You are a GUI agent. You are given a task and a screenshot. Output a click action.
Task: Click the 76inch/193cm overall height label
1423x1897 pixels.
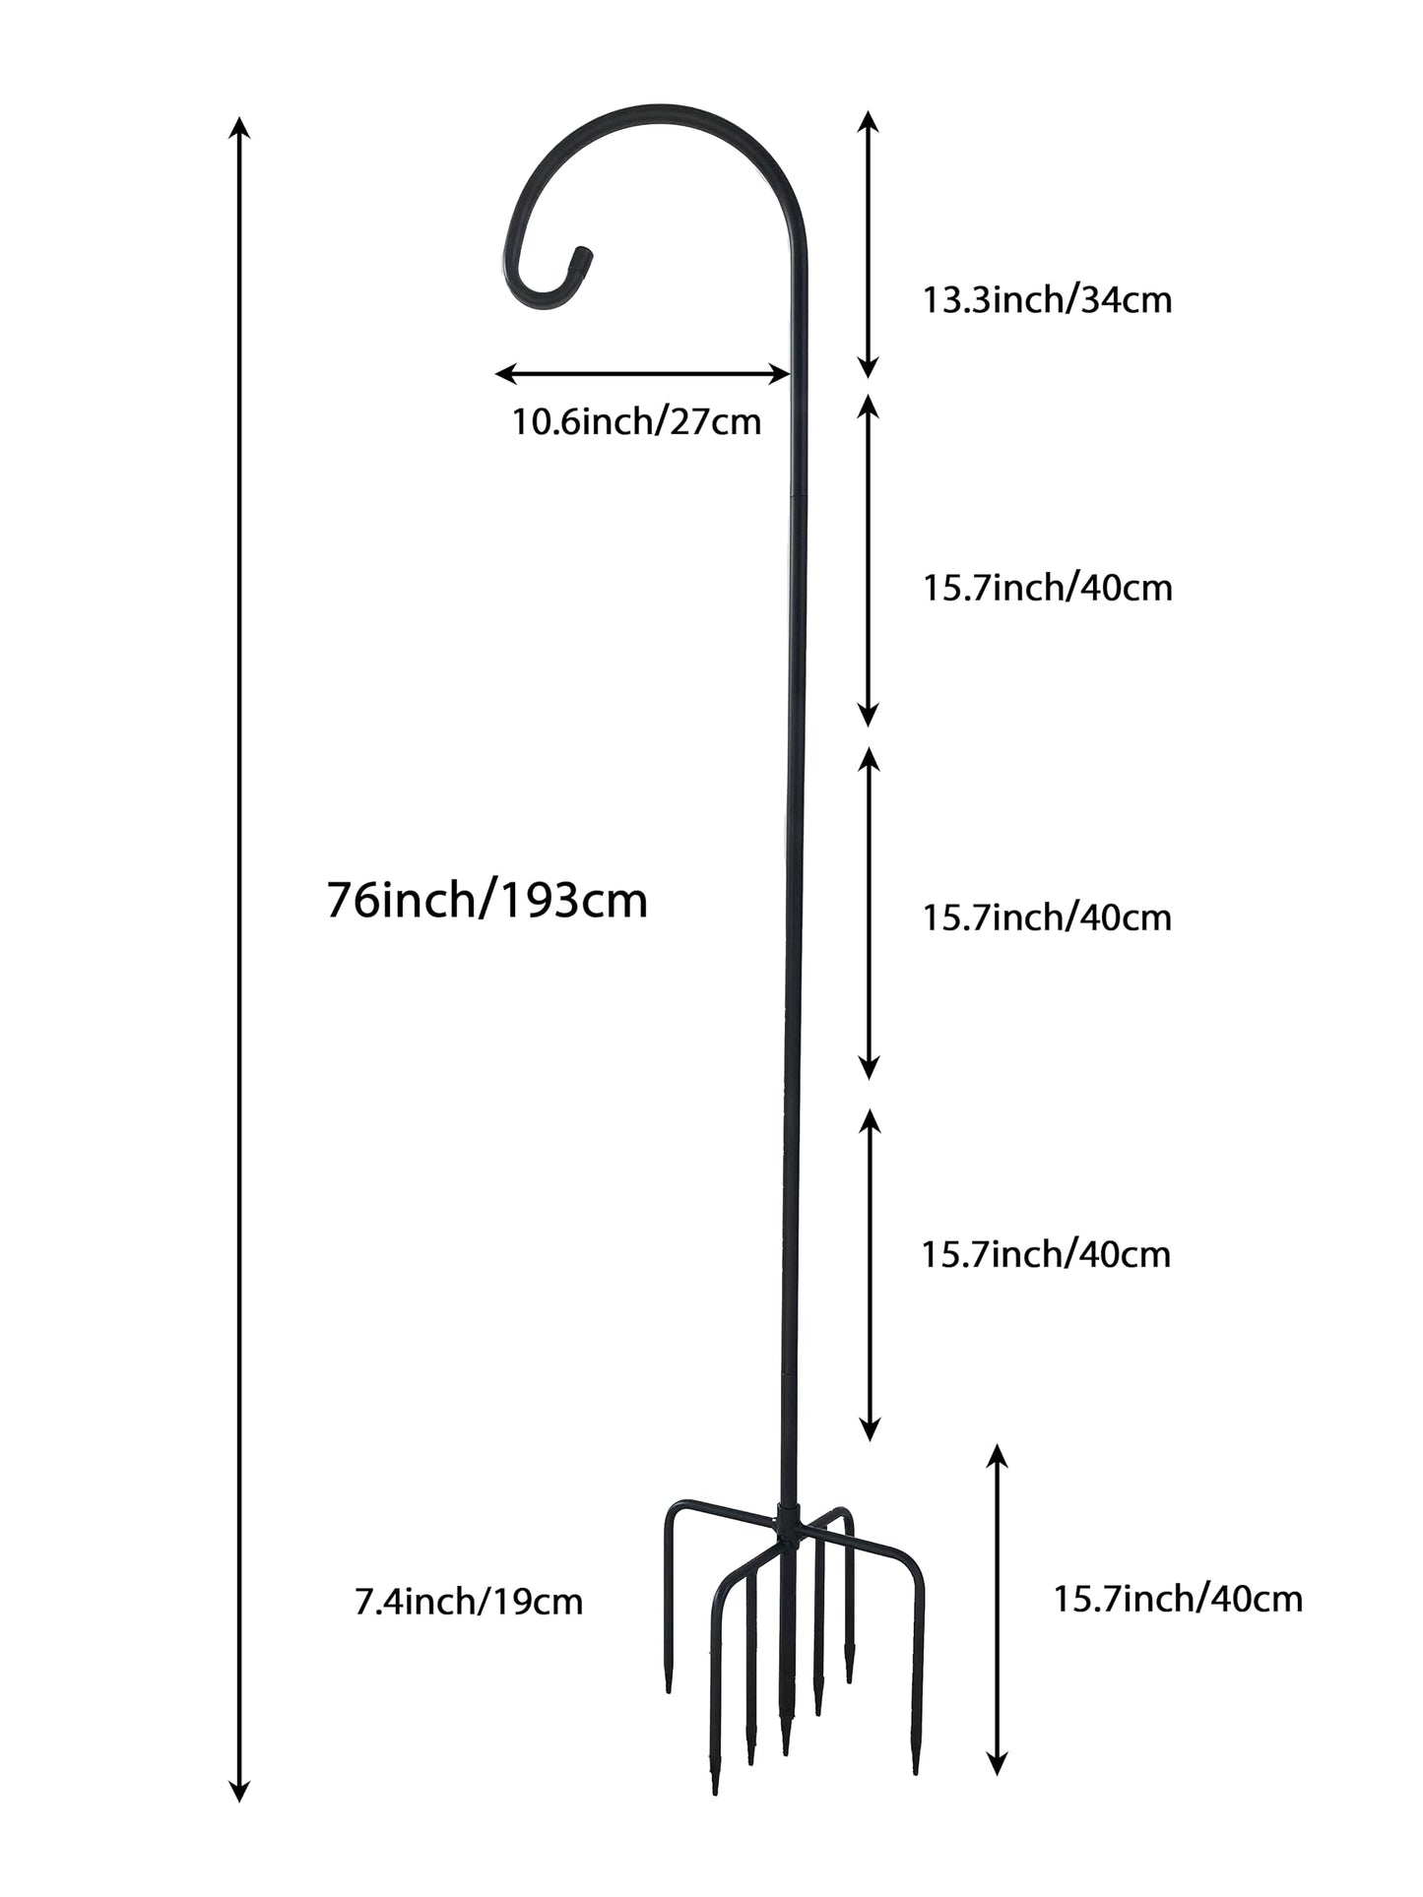click(x=486, y=901)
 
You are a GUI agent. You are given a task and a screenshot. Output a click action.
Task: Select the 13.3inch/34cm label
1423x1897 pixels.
click(x=1047, y=299)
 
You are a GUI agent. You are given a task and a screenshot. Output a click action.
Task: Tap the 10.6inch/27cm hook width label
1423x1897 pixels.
click(x=636, y=422)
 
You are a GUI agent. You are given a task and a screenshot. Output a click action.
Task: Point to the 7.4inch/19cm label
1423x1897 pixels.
click(x=469, y=1602)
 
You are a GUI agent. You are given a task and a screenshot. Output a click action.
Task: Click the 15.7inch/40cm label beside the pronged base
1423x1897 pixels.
click(x=1178, y=1598)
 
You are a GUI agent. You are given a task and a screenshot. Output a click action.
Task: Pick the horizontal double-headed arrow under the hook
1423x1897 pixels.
click(x=642, y=374)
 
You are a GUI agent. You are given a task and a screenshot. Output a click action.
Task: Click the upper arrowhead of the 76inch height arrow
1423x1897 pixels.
click(x=239, y=127)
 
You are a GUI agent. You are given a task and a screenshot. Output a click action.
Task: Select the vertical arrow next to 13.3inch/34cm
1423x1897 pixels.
click(x=868, y=245)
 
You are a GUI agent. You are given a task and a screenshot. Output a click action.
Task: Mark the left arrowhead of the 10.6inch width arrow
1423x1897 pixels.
click(x=505, y=374)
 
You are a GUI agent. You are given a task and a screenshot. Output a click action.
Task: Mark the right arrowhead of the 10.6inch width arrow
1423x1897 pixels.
click(x=779, y=374)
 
